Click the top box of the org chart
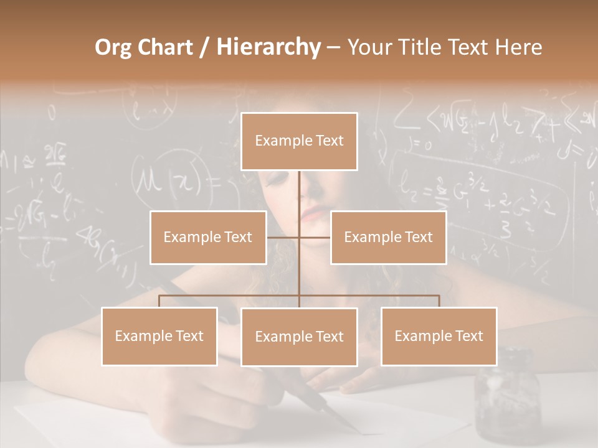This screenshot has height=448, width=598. [x=299, y=141]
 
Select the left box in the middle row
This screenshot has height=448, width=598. [x=208, y=237]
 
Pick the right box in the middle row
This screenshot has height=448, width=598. [x=388, y=237]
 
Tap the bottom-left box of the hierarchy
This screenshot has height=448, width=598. [x=159, y=336]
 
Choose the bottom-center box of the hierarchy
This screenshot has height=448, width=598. [x=299, y=337]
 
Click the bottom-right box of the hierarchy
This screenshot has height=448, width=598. [x=439, y=336]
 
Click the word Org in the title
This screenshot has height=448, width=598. [x=113, y=47]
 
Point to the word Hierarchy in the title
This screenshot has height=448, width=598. [x=268, y=47]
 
